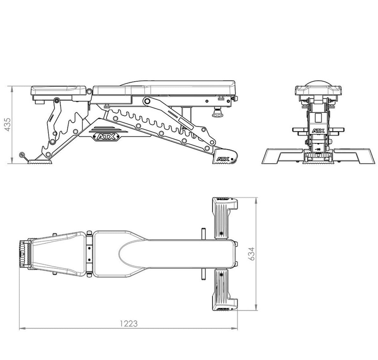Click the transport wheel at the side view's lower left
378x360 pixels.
pos(22,155)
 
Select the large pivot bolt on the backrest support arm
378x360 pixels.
pos(146,101)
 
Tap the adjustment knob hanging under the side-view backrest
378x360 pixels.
pos(217,112)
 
